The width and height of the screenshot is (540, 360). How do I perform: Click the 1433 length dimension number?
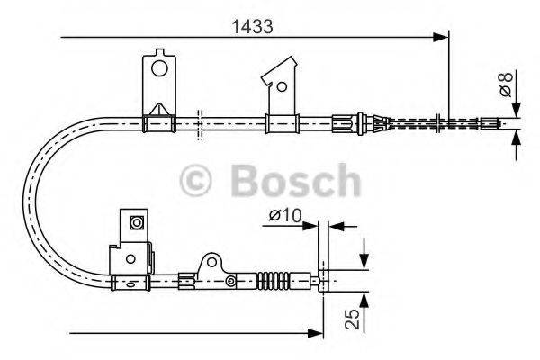click(248, 26)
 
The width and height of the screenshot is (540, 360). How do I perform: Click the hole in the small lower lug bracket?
click(212, 262)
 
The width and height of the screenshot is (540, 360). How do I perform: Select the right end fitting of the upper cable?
click(491, 121)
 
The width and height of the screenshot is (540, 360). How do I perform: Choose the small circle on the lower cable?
click(229, 283)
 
